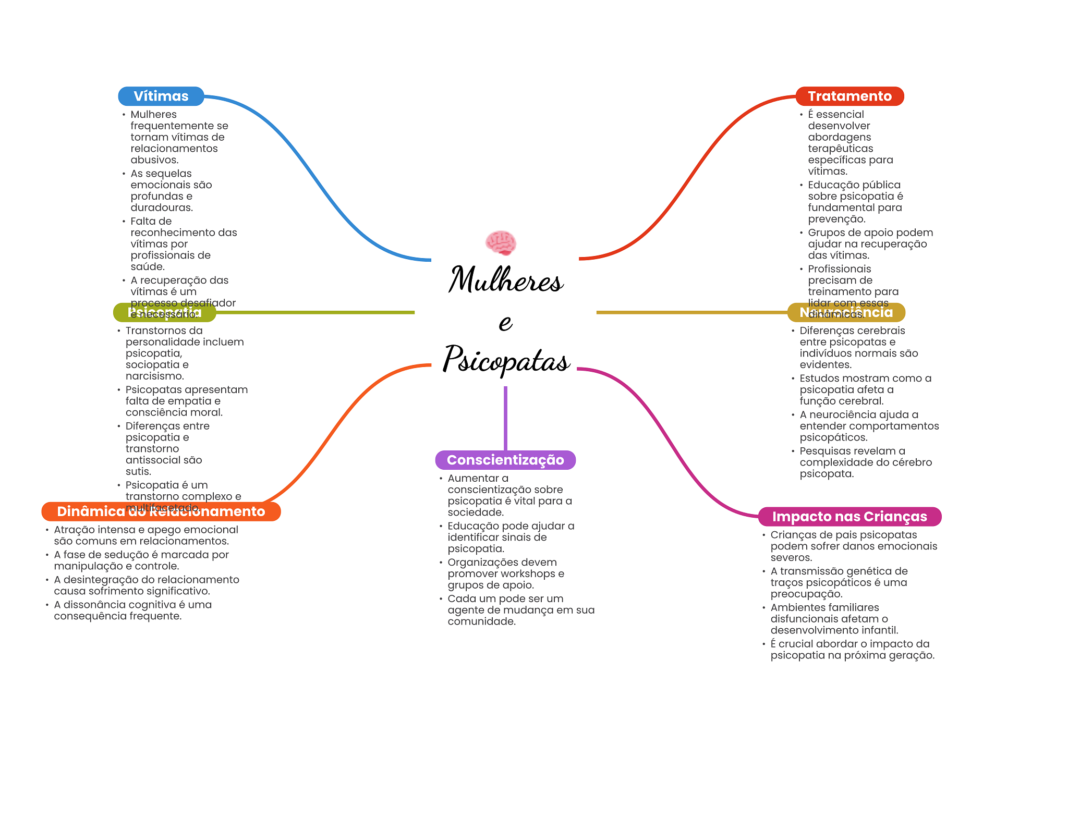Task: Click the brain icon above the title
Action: click(x=501, y=243)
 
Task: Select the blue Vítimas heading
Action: click(x=161, y=96)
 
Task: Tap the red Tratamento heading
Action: click(x=849, y=96)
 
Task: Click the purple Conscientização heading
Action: click(x=505, y=460)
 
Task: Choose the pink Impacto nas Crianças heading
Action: click(x=849, y=517)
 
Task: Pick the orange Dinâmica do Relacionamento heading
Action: click(x=161, y=511)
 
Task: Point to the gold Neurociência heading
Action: click(x=846, y=312)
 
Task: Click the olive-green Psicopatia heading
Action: click(x=164, y=312)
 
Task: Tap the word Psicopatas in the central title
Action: click(x=506, y=360)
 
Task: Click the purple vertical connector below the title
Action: click(x=505, y=417)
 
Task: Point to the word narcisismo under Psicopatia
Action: click(x=154, y=376)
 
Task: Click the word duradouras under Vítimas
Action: click(x=161, y=207)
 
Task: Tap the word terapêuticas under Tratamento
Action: click(x=840, y=149)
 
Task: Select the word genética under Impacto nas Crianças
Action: click(x=864, y=571)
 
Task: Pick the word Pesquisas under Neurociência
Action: click(x=821, y=451)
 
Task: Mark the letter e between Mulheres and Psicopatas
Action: click(x=505, y=323)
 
